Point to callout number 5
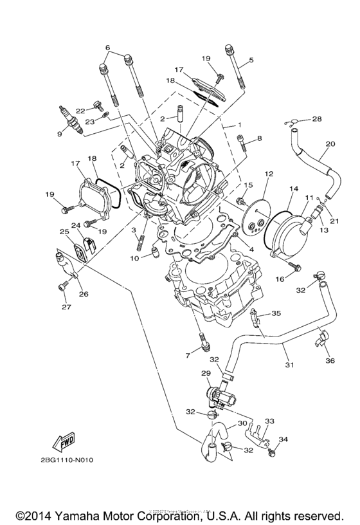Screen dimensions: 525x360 [251, 60]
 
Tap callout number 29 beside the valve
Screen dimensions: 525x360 [206, 373]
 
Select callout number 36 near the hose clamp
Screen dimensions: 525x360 [330, 362]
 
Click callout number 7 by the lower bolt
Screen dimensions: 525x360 [188, 355]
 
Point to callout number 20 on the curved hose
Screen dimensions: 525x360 [330, 145]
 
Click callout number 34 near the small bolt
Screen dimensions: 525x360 [284, 440]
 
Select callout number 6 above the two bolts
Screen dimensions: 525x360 [108, 48]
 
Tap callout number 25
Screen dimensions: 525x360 [64, 232]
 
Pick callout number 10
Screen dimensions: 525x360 [134, 259]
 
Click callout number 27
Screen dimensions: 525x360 [64, 308]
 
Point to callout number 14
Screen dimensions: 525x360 [294, 189]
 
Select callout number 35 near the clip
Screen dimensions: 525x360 [276, 313]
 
